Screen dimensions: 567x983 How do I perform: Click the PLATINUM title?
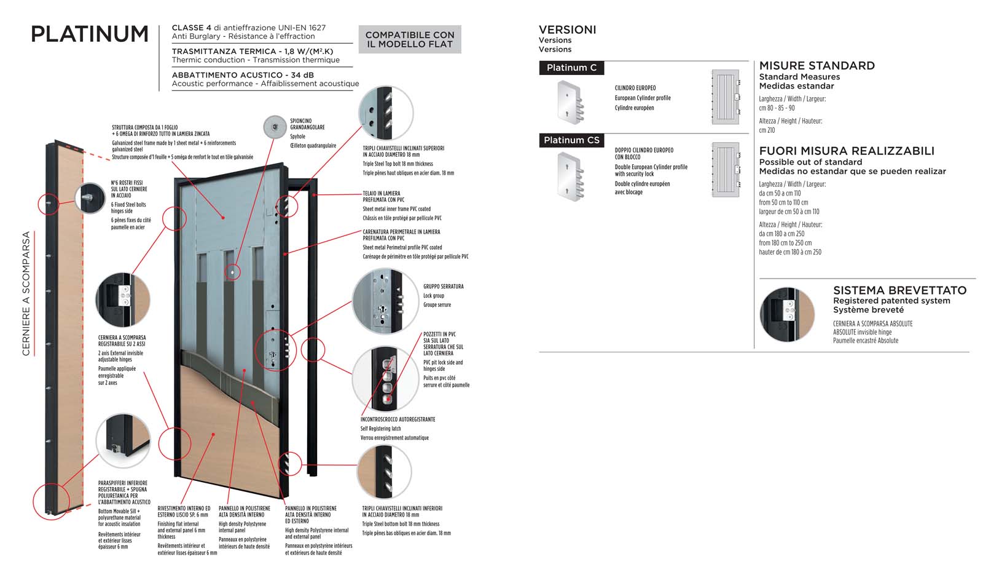(x=90, y=34)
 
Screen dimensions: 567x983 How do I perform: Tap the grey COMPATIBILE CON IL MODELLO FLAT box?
(x=410, y=39)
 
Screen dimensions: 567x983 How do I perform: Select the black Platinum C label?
(x=571, y=68)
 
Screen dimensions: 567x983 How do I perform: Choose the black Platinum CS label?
(x=571, y=140)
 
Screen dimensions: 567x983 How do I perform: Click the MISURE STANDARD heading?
(x=817, y=66)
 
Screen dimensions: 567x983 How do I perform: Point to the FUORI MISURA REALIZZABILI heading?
(x=846, y=151)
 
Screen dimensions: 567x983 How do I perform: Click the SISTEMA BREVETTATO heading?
(x=899, y=290)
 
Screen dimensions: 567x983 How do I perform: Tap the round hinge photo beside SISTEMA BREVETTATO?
(x=787, y=314)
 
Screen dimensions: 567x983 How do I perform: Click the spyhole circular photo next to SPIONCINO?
(x=274, y=127)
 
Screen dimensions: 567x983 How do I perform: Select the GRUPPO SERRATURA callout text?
(x=443, y=287)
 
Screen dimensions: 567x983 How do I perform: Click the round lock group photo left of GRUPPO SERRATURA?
(x=377, y=301)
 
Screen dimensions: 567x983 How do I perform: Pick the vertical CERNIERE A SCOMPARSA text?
(x=26, y=293)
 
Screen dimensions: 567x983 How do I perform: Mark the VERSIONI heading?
(x=567, y=30)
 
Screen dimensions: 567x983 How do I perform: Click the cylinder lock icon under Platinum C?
(x=570, y=102)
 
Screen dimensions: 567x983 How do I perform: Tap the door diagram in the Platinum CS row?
(x=726, y=170)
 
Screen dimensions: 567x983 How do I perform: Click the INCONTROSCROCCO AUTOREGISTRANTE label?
(x=398, y=419)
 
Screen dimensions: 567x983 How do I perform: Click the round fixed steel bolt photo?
(x=90, y=198)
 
